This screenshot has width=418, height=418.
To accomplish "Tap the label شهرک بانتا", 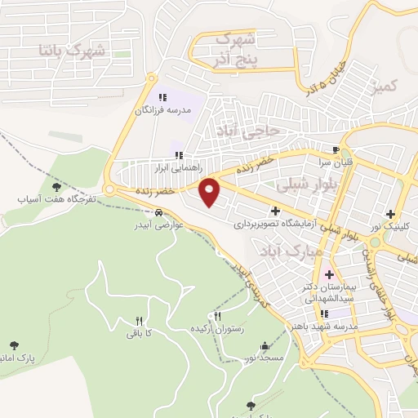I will (x=73, y=50).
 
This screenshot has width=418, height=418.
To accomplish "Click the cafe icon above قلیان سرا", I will (x=335, y=149).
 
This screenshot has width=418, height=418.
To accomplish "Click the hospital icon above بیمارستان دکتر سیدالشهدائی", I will (x=329, y=274).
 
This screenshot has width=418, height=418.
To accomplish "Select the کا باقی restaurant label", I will (x=136, y=333).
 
